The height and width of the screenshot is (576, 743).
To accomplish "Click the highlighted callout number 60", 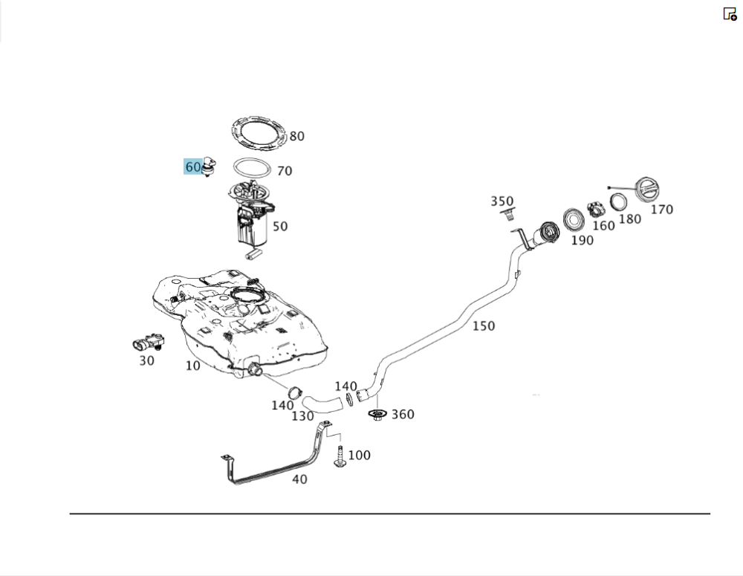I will [x=192, y=167].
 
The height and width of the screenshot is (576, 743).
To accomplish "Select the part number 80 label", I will [x=296, y=136].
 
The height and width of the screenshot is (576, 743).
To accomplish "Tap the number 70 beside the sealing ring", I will [x=284, y=171].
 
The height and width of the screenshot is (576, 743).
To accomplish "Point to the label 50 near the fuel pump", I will [x=279, y=226].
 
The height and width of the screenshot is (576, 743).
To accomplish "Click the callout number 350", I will [x=502, y=201].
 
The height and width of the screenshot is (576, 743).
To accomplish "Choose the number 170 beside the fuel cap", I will [x=661, y=210].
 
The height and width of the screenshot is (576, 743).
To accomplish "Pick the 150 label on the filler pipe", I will [x=483, y=326].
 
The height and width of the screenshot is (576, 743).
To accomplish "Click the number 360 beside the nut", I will [x=403, y=414].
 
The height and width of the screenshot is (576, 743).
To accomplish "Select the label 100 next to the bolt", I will [x=359, y=455].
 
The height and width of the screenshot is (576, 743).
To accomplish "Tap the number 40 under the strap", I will [x=299, y=479].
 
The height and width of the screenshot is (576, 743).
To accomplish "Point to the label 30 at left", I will [x=146, y=360].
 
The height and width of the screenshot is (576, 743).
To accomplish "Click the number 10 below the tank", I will [x=192, y=366].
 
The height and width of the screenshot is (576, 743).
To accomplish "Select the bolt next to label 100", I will [x=340, y=456].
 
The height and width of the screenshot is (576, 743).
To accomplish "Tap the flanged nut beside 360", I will [x=377, y=415].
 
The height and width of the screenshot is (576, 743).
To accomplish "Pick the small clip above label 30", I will [x=149, y=343].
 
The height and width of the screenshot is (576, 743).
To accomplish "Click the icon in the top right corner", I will [x=730, y=14].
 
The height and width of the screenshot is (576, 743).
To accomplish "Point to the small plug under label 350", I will [x=508, y=216].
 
